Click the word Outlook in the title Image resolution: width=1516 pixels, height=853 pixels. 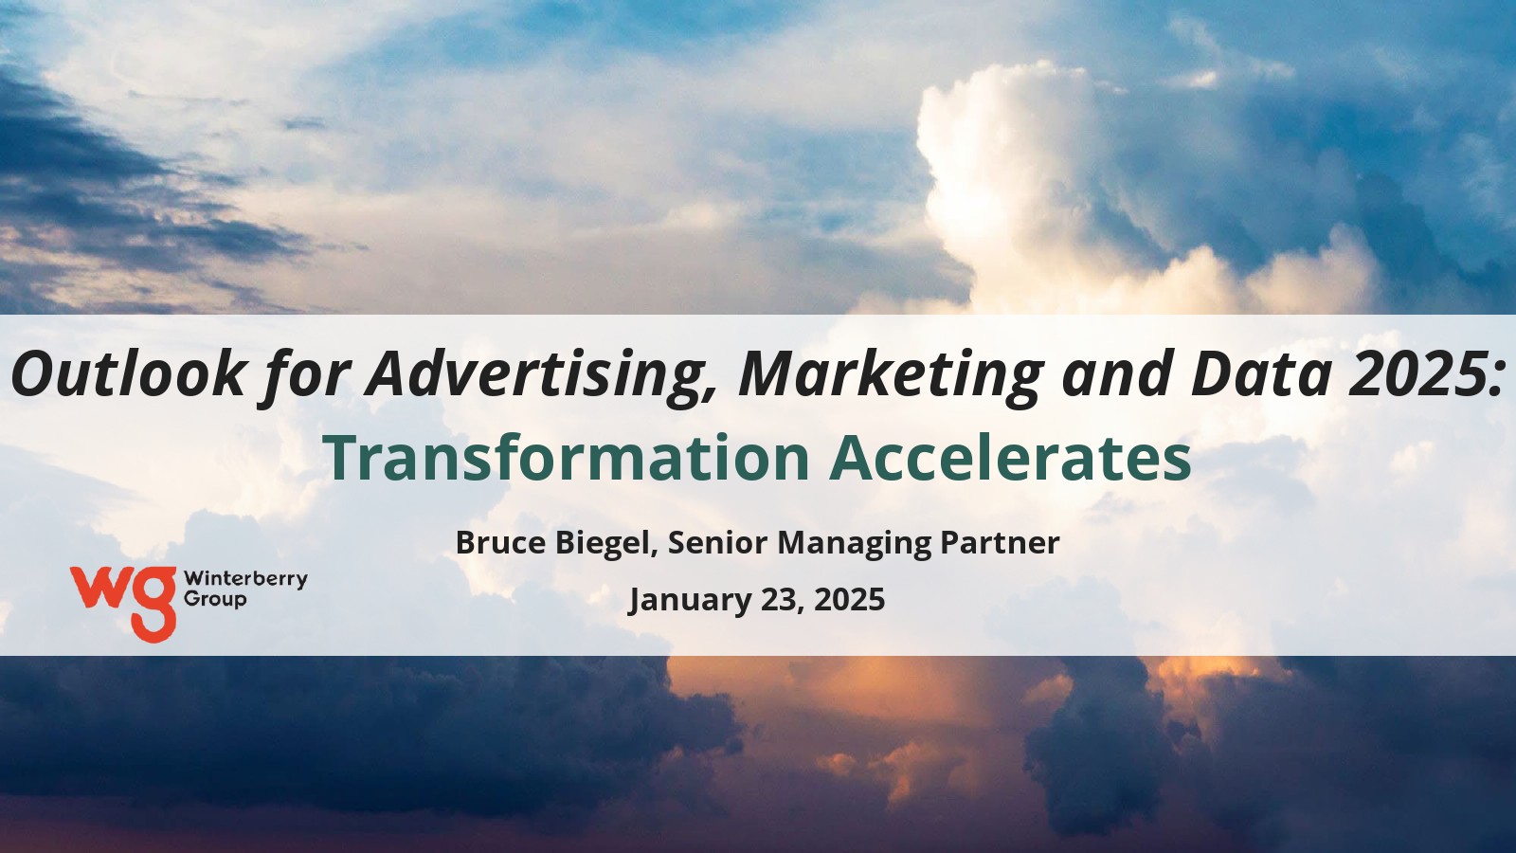(x=127, y=373)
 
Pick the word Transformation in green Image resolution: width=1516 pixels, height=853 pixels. (x=568, y=458)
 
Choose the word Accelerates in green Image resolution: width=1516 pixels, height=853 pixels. (x=1010, y=458)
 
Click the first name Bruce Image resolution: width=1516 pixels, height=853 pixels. (x=500, y=542)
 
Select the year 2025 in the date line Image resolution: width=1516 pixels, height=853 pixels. (x=849, y=600)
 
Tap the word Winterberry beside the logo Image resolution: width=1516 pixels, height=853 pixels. (x=245, y=579)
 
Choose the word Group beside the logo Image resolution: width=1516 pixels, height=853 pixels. (x=215, y=600)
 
